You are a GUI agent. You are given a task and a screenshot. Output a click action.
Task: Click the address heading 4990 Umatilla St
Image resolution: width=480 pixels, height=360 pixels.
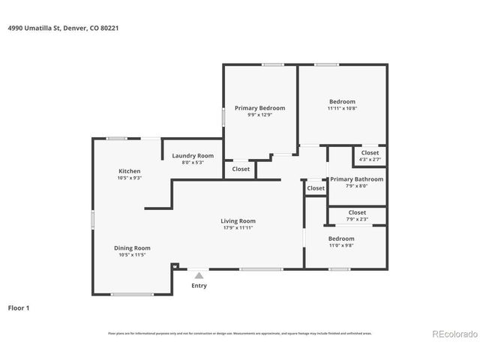64,28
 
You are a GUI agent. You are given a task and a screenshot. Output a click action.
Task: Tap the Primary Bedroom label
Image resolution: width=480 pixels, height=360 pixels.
259,108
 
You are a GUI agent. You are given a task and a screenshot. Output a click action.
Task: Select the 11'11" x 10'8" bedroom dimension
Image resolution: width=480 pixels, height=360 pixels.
342,109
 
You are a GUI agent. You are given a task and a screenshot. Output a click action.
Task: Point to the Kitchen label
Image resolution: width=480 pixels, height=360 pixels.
129,170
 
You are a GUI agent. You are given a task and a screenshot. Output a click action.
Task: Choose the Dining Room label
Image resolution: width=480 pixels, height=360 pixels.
132,247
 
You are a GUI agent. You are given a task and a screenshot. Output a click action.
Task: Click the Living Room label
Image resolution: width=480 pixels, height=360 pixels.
238,220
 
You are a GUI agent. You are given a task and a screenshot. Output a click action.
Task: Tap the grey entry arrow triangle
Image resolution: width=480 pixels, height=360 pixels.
199,275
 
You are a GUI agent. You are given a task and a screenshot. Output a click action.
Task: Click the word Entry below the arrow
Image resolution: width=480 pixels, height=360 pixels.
199,286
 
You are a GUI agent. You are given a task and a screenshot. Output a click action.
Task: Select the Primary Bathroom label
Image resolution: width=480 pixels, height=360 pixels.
357,179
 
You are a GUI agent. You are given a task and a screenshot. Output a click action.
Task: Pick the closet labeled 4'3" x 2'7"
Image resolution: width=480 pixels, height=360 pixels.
370,160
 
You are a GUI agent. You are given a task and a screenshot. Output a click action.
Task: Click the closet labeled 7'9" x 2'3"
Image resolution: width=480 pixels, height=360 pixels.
357,220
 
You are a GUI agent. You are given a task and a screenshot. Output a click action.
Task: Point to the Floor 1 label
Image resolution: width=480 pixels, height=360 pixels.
19,307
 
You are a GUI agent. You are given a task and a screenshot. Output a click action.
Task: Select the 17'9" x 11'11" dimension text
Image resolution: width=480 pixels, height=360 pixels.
238,228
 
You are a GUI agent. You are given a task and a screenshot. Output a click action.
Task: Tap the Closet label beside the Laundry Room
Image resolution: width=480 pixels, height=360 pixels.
241,169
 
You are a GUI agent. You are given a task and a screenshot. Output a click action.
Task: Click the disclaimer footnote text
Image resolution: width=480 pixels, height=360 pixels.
239,333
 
